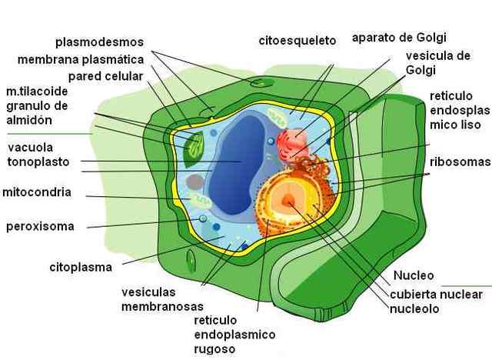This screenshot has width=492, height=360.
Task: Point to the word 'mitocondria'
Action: click(37, 192)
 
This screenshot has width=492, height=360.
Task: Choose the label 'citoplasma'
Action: click(81, 267)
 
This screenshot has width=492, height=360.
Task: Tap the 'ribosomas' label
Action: click(460, 162)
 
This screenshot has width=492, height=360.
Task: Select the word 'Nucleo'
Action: click(414, 275)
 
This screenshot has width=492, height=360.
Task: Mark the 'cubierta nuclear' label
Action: click(436, 294)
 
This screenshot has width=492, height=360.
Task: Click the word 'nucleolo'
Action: click(414, 309)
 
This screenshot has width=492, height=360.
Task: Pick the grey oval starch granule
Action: click(195, 182)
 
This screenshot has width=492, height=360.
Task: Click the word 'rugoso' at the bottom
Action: click(215, 350)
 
